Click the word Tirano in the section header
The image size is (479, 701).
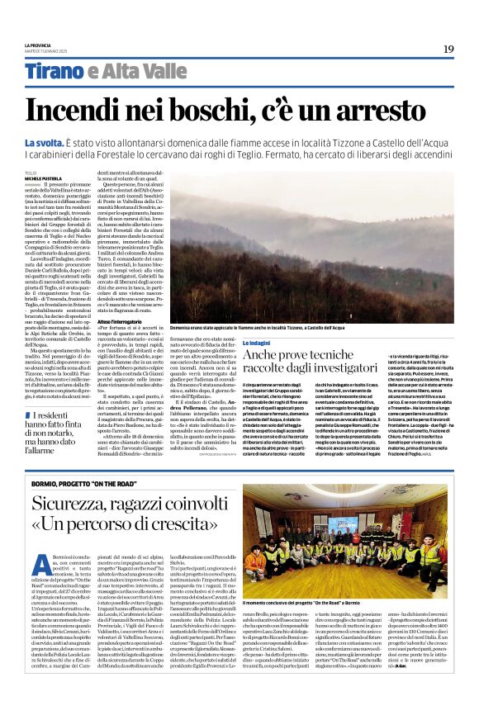point(52,73)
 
